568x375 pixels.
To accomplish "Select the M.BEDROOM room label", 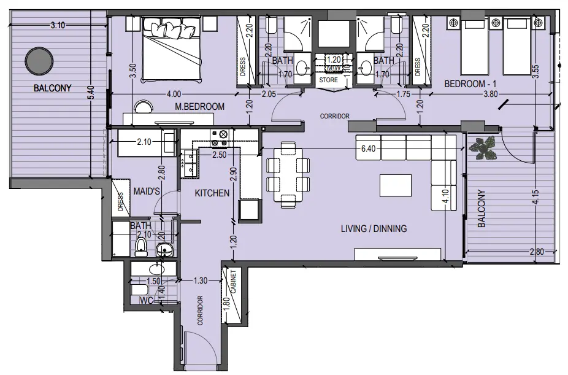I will click(x=199, y=107).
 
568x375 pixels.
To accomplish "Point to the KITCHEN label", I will click(x=212, y=193).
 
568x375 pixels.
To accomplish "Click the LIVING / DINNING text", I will click(x=374, y=229).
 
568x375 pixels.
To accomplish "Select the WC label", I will click(x=147, y=301).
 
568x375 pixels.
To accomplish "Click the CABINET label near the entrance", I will click(x=233, y=282).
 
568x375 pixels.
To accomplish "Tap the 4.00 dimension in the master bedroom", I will click(x=174, y=94).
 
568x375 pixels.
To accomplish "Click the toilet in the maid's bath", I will click(x=140, y=247).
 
